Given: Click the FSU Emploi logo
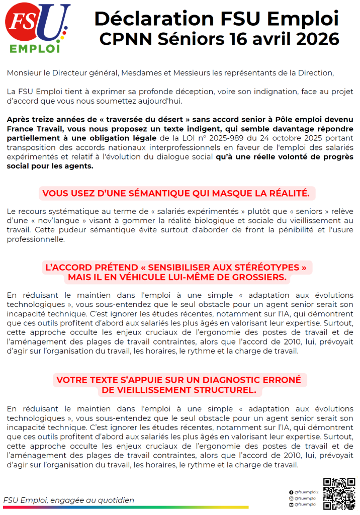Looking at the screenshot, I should click(37, 28).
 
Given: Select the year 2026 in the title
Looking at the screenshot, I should click(317, 39).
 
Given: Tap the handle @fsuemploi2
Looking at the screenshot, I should click(307, 492).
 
